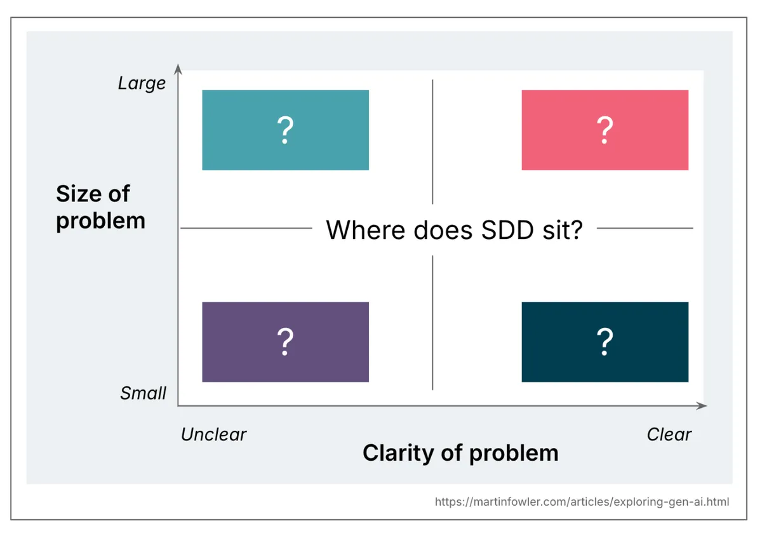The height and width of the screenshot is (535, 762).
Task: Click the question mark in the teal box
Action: tap(285, 130)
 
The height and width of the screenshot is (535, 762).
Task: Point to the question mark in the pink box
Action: tap(605, 130)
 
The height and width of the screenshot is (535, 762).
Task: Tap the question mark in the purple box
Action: tap(285, 342)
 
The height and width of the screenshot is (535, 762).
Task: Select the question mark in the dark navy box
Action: tap(605, 342)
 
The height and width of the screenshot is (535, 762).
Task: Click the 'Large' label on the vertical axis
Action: tap(142, 83)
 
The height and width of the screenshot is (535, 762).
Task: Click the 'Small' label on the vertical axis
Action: tap(143, 393)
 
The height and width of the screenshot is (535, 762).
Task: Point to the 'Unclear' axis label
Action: tap(213, 435)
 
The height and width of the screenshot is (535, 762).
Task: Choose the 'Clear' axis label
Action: tap(669, 435)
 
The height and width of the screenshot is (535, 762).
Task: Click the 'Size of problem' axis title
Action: tap(100, 207)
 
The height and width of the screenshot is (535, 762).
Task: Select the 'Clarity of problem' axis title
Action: tap(460, 453)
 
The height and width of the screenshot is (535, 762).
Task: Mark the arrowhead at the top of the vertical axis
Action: tap(178, 68)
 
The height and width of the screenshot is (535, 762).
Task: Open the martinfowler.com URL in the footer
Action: tap(582, 502)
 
